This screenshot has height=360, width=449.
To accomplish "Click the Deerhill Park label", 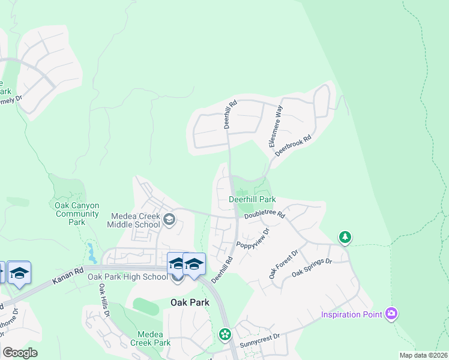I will tap(252, 199).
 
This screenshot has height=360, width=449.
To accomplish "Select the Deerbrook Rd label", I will tap(294, 146).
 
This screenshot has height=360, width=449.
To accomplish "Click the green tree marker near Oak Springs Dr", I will tap(345, 238).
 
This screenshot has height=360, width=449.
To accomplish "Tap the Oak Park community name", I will tap(190, 302).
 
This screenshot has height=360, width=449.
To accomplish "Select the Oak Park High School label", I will tap(128, 277).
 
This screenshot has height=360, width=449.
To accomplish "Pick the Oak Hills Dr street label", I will tap(102, 300).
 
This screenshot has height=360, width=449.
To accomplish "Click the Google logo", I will tap(20, 353).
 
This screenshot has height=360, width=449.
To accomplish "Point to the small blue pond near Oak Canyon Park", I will tap(90, 252).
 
